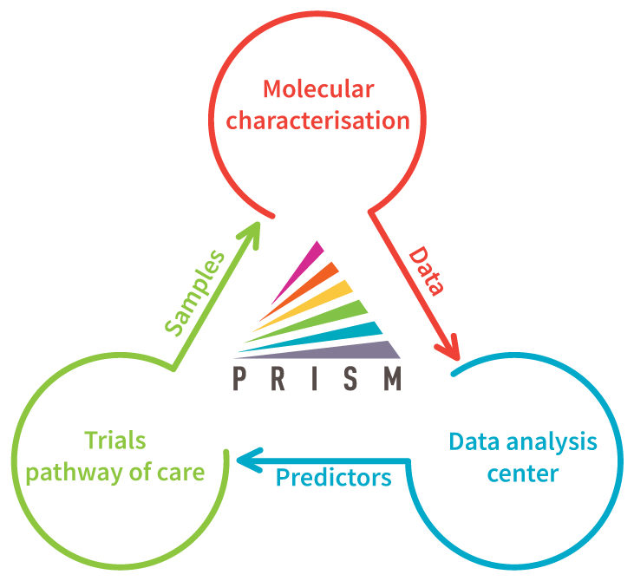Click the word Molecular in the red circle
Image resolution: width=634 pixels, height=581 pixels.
pyautogui.click(x=318, y=89)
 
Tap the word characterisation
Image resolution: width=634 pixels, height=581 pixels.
pyautogui.click(x=317, y=121)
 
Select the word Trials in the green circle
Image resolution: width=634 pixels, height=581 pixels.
pyautogui.click(x=115, y=441)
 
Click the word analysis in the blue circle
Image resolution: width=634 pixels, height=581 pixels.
pyautogui.click(x=552, y=442)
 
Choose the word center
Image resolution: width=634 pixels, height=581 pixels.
pyautogui.click(x=523, y=473)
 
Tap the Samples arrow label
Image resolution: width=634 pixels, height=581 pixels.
pyautogui.click(x=194, y=293)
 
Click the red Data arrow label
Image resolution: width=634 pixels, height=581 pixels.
pyautogui.click(x=426, y=271)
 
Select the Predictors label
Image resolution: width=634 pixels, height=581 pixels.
pyautogui.click(x=333, y=478)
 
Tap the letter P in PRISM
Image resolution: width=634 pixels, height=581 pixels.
pyautogui.click(x=239, y=378)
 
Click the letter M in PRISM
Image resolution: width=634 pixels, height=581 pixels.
pyautogui.click(x=392, y=378)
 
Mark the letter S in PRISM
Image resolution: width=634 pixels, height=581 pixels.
pyautogui.click(x=351, y=378)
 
